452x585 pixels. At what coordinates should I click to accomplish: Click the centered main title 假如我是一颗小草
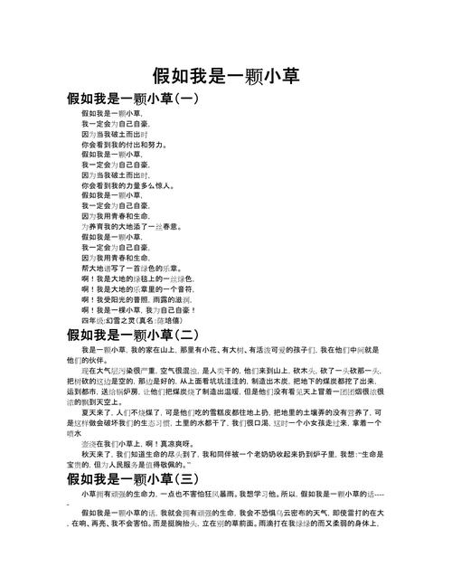point(226,74)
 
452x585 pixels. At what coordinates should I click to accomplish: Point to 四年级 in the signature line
point(91,319)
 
